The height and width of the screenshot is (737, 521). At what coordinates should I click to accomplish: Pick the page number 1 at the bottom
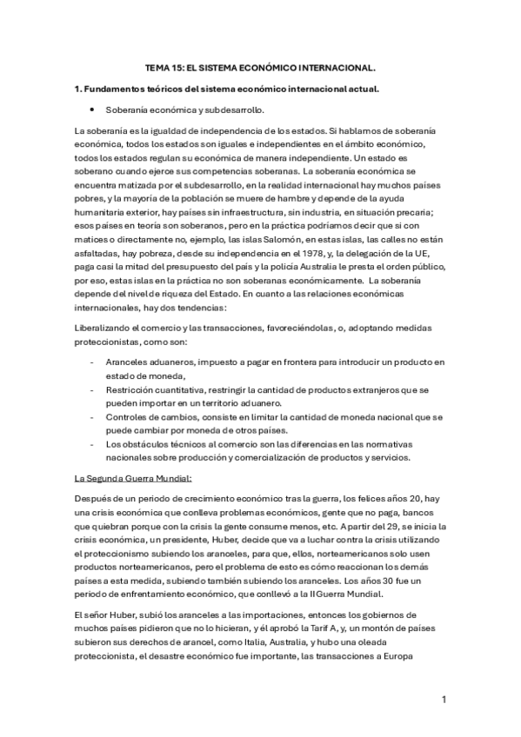pos(444,699)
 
